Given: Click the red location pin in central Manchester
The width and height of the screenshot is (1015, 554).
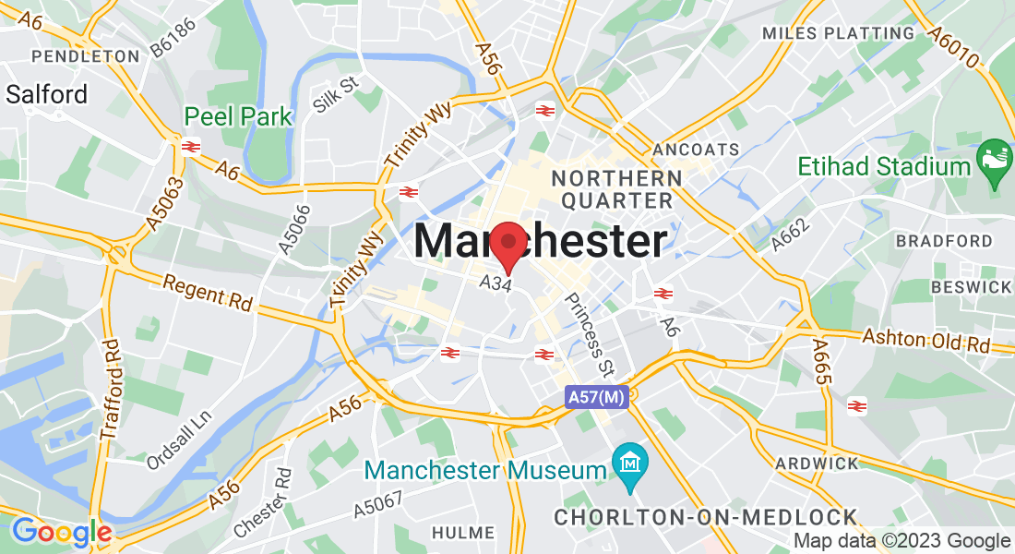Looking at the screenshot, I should click(507, 246).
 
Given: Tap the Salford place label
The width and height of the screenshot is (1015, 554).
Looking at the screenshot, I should click(46, 94).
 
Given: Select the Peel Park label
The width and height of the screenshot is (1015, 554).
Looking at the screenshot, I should click(238, 117).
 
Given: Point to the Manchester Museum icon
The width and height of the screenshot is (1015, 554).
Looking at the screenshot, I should click(631, 459).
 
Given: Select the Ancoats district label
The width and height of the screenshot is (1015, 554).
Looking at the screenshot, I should click(696, 150).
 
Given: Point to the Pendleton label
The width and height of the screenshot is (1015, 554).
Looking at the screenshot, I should click(85, 56).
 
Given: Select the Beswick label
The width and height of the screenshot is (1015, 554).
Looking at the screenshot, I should click(971, 287).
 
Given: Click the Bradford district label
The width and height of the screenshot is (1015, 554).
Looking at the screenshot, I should click(943, 241).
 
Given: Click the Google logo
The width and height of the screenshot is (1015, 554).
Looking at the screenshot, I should click(62, 533).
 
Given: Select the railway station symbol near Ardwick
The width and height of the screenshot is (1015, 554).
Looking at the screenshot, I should click(856, 405).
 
